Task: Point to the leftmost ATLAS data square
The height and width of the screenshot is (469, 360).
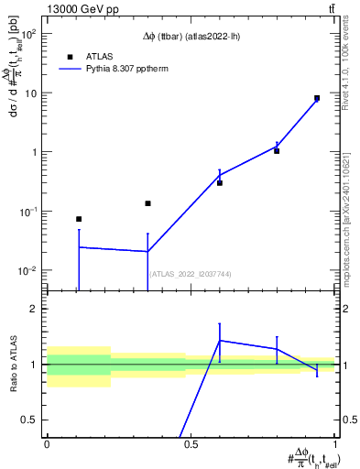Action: pyautogui.click(x=79, y=219)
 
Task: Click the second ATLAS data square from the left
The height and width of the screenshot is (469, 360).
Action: pyautogui.click(x=147, y=203)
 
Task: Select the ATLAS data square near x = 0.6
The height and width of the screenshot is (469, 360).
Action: pyautogui.click(x=220, y=183)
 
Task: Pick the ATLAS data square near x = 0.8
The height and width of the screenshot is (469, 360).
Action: pyautogui.click(x=277, y=151)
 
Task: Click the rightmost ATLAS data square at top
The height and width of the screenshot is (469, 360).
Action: pyautogui.click(x=317, y=98)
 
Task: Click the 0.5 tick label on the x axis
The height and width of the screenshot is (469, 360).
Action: pyautogui.click(x=190, y=442)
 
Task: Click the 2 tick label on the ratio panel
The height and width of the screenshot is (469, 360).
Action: pyautogui.click(x=37, y=309)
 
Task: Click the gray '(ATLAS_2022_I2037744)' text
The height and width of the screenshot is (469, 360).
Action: pyautogui.click(x=191, y=274)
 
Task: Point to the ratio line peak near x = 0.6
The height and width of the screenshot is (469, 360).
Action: pyautogui.click(x=220, y=340)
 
